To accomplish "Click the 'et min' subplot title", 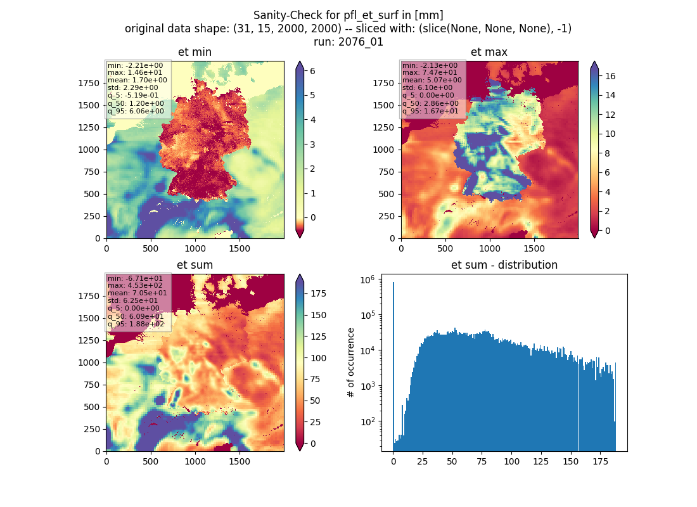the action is click(x=195, y=52).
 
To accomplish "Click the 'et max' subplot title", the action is click(x=489, y=52).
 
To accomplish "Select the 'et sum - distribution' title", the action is click(x=504, y=265).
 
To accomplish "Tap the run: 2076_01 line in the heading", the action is click(x=348, y=42).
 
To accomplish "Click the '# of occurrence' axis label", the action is click(x=351, y=363).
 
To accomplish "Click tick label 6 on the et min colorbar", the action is click(x=312, y=71).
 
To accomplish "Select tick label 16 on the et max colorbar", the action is click(x=610, y=76).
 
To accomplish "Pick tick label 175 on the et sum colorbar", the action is click(x=318, y=293).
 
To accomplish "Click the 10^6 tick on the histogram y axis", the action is click(x=368, y=279).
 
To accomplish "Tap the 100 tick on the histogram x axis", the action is click(x=511, y=461).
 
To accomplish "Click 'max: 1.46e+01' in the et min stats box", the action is click(x=135, y=72).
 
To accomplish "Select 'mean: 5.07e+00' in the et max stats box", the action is click(x=432, y=80).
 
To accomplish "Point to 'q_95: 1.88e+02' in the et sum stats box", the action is click(x=136, y=324).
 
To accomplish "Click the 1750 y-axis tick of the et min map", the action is click(x=89, y=83).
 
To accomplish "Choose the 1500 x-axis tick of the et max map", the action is click(x=534, y=248).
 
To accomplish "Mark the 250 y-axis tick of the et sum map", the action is click(x=92, y=429).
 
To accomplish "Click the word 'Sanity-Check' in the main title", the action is click(x=282, y=15).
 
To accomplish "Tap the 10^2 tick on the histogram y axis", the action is click(x=368, y=421).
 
